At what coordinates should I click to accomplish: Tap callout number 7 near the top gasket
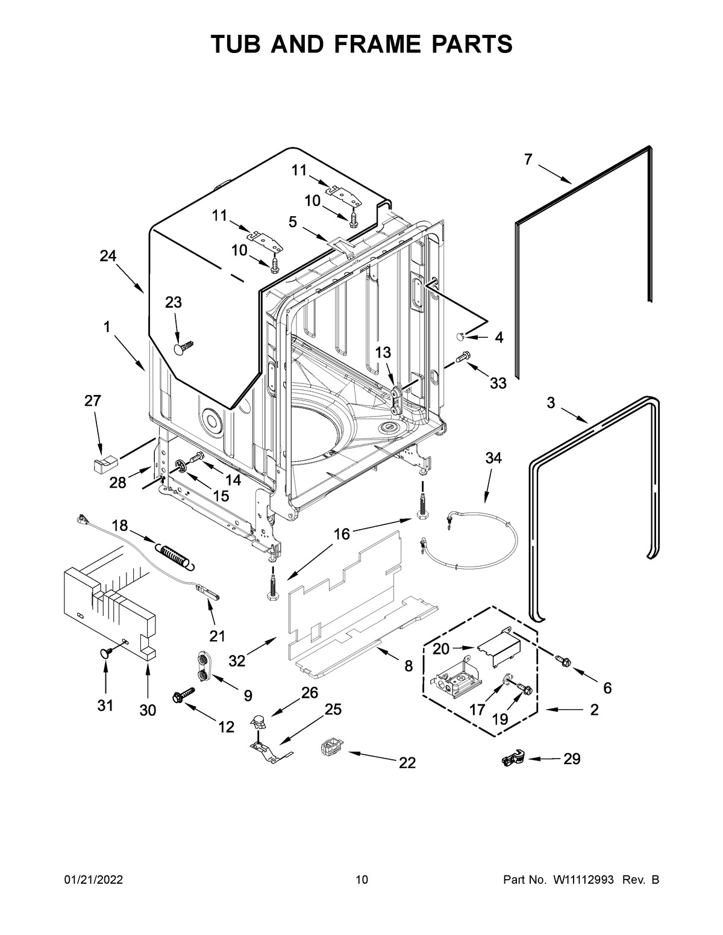click(528, 160)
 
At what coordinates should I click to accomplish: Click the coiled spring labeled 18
click(176, 553)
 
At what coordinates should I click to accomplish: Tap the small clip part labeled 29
click(512, 760)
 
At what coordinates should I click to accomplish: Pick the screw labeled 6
click(564, 661)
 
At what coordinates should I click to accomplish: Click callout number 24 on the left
click(108, 256)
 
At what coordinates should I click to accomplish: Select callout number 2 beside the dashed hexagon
click(594, 710)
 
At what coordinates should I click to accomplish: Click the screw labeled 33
click(463, 357)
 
